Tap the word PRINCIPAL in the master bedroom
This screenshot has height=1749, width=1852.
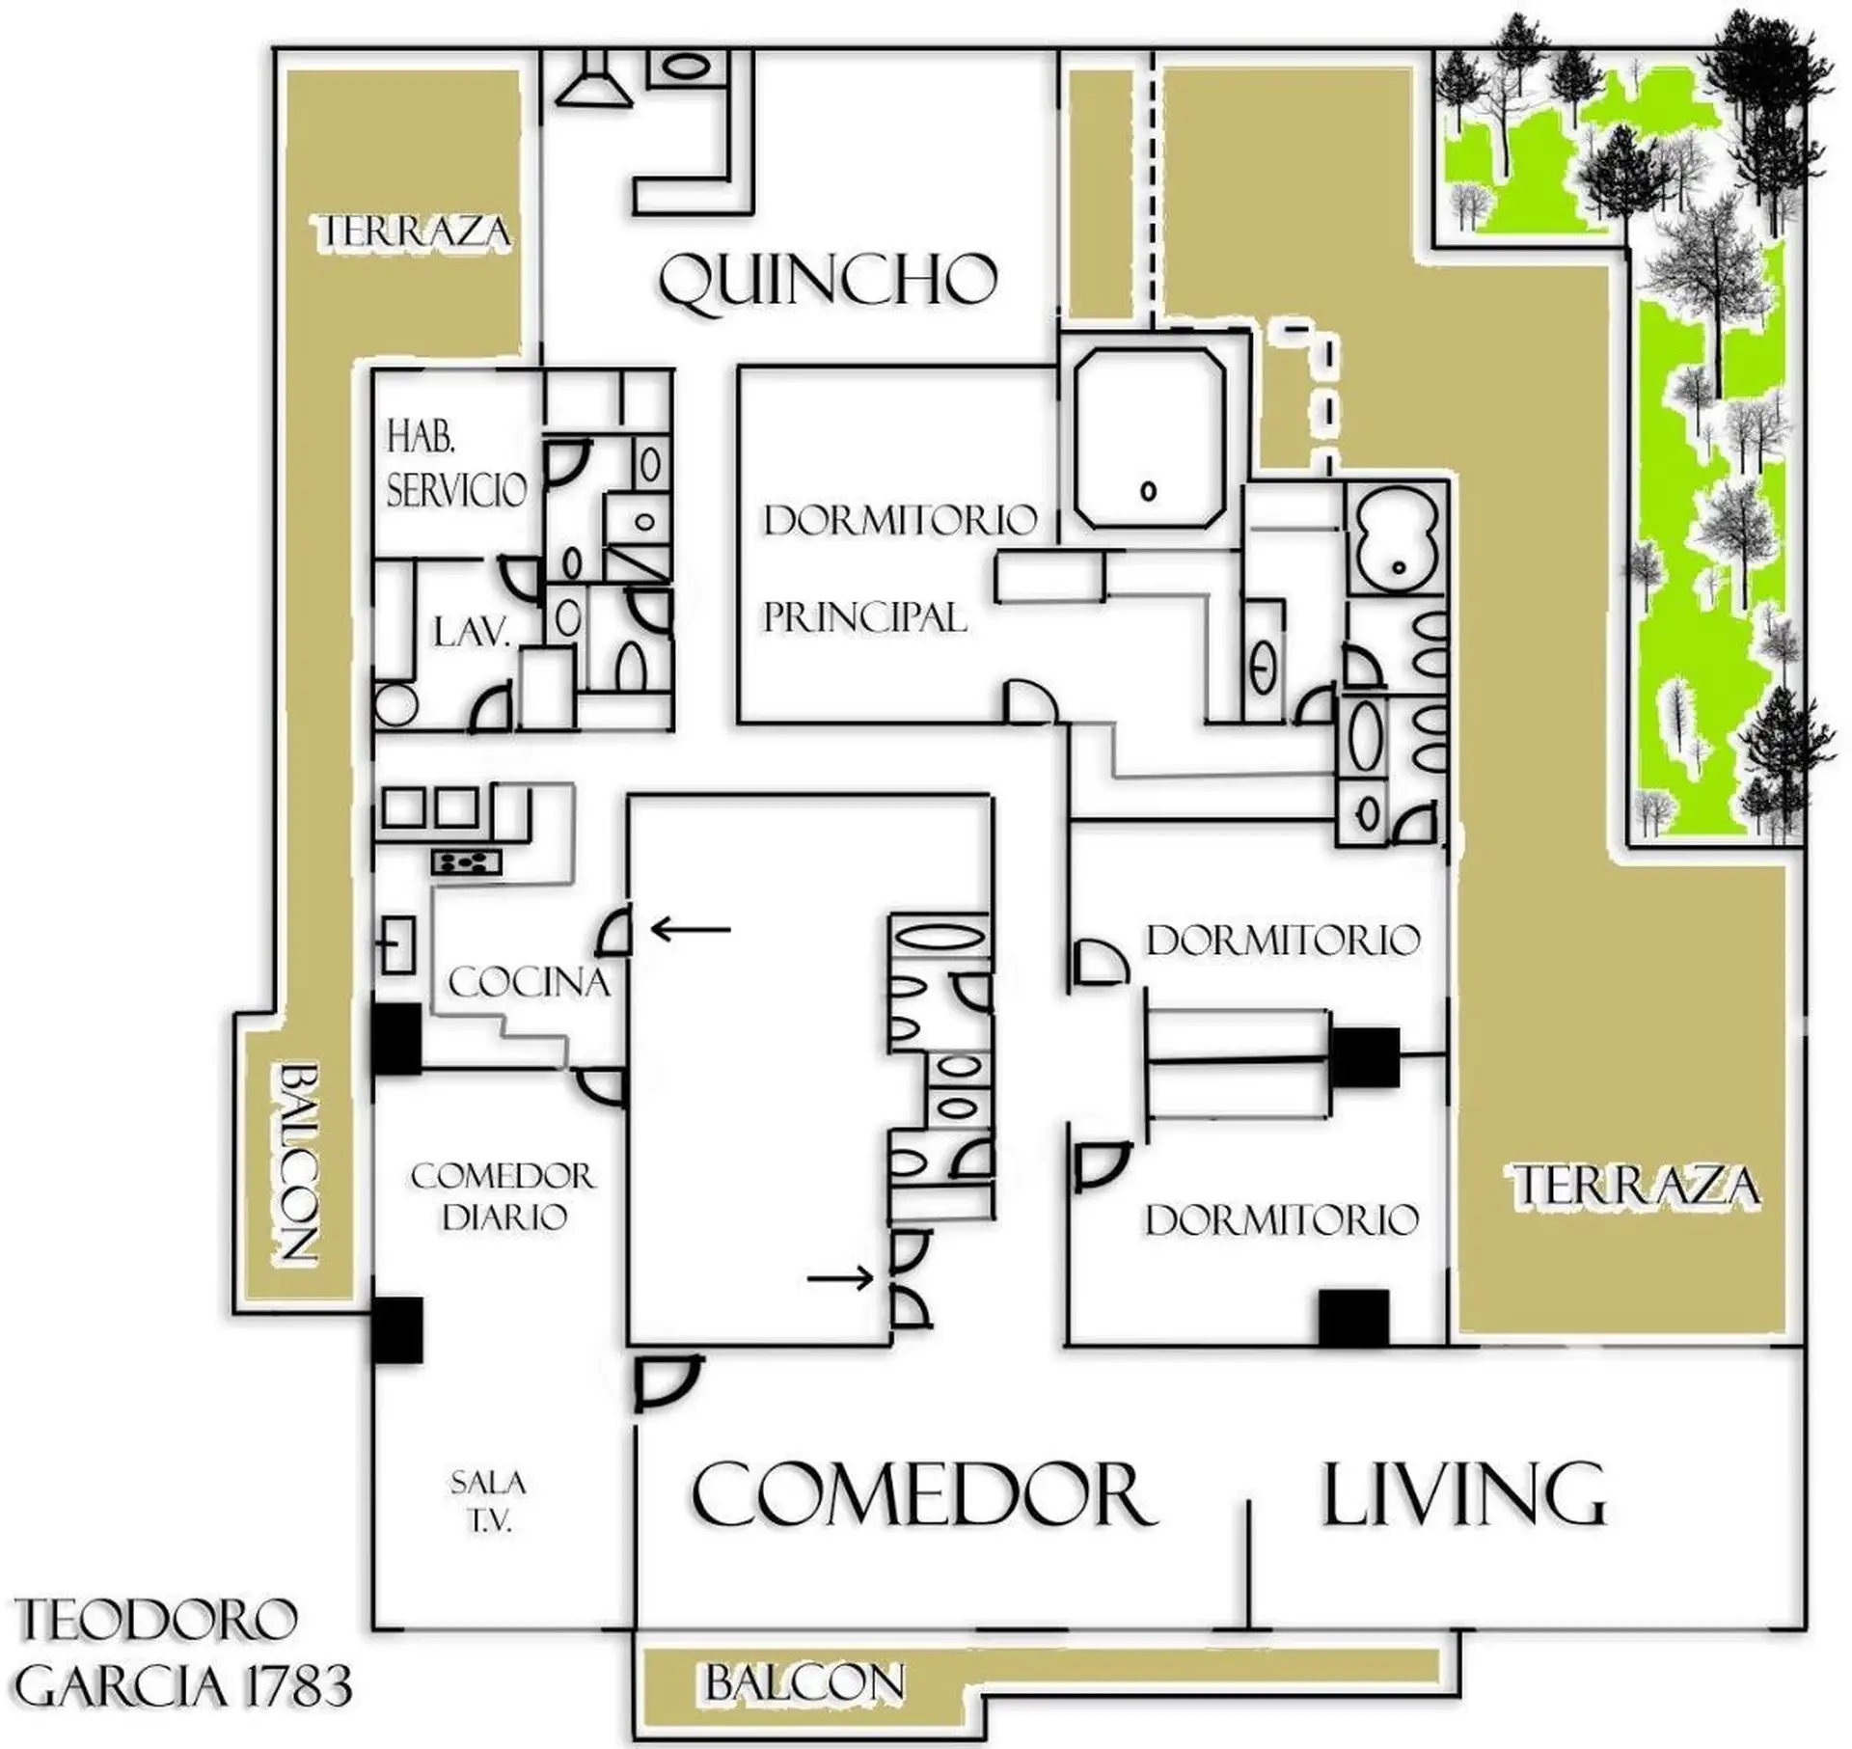coord(864,617)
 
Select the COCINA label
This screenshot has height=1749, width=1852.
coord(530,983)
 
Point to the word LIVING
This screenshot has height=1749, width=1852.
coord(1462,1494)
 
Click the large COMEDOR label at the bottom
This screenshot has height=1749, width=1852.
coord(923,1494)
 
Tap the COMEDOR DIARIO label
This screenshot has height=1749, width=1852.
coord(504,1196)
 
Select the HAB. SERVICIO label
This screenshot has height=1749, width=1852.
coord(456,467)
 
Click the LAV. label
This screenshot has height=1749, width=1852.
coord(471,634)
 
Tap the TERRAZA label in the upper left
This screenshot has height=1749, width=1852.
coord(415,232)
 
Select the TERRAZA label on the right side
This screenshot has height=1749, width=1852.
coord(1636,1187)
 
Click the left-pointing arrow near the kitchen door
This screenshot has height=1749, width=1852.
coord(691,929)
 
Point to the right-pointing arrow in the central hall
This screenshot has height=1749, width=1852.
coord(839,1279)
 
